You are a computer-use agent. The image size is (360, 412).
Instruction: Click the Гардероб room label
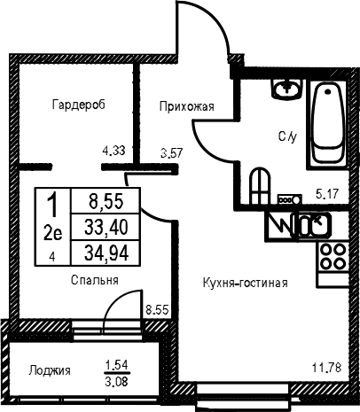click(x=79, y=105)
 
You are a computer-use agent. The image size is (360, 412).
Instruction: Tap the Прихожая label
click(x=187, y=106)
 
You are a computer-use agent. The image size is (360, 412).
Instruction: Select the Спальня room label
click(x=95, y=280)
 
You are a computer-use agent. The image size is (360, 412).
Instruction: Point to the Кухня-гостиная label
click(x=246, y=283)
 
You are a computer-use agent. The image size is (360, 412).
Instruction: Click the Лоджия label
click(x=50, y=370)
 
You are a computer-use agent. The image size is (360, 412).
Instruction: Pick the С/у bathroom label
click(x=287, y=136)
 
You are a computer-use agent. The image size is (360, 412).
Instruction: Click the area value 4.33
click(x=113, y=151)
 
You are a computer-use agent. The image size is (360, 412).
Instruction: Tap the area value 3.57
click(x=172, y=153)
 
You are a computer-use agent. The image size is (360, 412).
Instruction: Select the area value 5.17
click(x=327, y=194)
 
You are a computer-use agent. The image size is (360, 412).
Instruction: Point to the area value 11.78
click(x=327, y=368)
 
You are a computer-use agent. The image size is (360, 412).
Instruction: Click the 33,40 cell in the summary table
click(x=106, y=228)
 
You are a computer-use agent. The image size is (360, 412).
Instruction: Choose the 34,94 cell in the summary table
click(x=106, y=253)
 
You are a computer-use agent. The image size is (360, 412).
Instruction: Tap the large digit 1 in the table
click(x=53, y=204)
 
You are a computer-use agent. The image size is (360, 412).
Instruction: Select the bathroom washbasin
click(x=286, y=88)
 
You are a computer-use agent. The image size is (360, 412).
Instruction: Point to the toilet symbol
click(x=260, y=185)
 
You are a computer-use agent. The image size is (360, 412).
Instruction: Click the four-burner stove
click(x=333, y=256)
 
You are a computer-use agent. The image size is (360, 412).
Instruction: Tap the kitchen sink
click(x=310, y=225)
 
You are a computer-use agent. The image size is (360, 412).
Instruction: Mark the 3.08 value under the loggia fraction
click(x=117, y=382)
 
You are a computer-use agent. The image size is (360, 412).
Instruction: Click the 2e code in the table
click(x=53, y=234)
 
